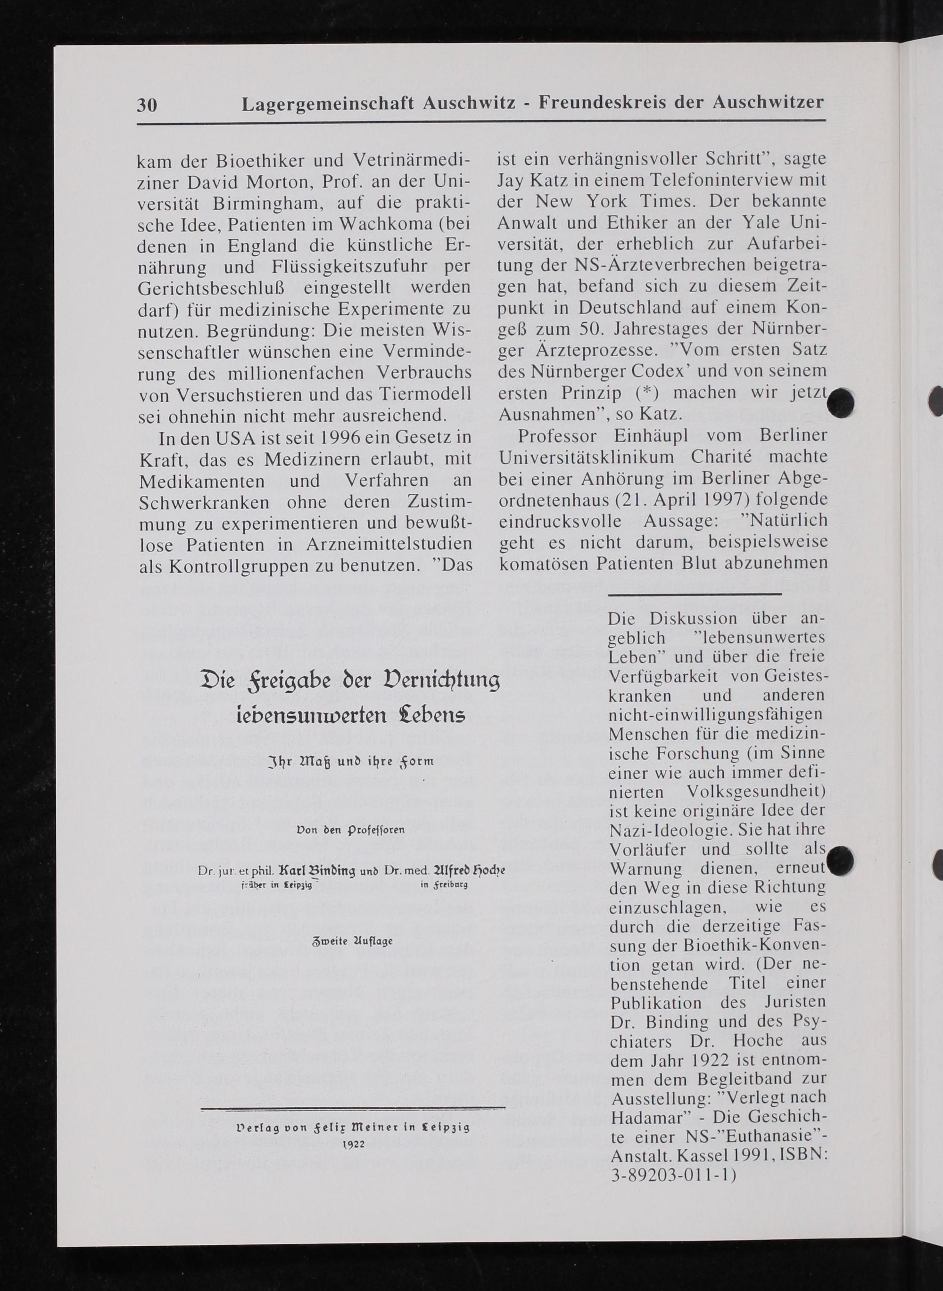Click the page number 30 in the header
(x=147, y=105)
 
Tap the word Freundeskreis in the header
(x=602, y=103)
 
